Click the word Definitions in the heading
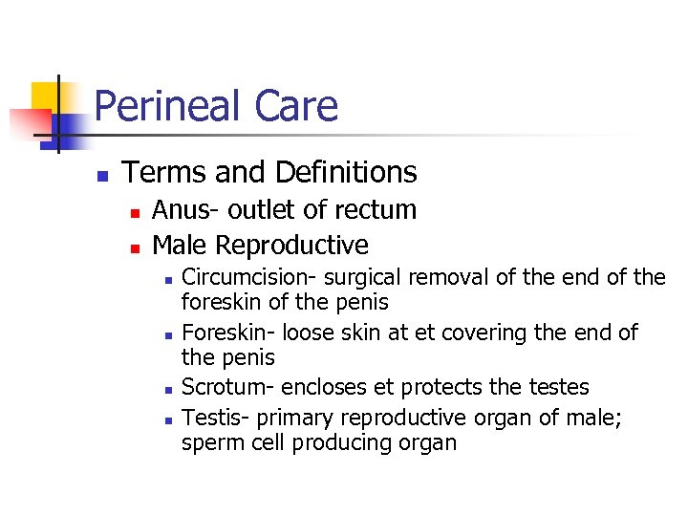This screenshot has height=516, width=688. (x=345, y=172)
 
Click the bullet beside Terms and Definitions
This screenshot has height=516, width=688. (x=101, y=176)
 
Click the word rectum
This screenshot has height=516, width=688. (x=376, y=210)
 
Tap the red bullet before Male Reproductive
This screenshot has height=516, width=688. (x=135, y=247)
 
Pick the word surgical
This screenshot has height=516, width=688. (x=355, y=278)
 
